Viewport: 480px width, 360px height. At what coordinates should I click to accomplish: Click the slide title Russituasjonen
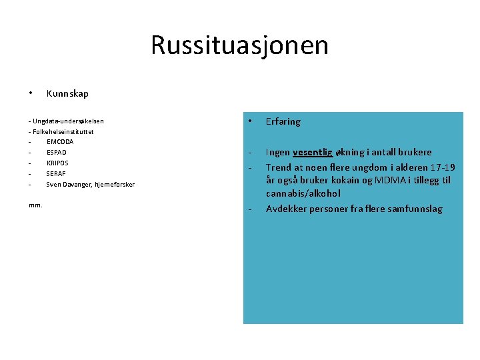(239, 45)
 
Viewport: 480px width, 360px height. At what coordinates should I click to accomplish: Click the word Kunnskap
(67, 94)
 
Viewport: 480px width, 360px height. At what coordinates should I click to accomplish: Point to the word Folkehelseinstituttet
(63, 131)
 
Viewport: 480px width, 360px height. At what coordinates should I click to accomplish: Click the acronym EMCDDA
(60, 142)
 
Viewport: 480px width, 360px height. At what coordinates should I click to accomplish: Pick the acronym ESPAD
(56, 153)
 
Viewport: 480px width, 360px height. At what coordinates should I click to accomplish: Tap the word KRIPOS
(57, 163)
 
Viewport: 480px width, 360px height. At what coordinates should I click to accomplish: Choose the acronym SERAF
(56, 173)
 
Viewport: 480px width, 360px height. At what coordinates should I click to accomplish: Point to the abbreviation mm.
(35, 205)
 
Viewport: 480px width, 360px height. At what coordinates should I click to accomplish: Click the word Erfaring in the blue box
(283, 121)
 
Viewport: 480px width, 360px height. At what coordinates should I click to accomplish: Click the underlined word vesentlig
(312, 152)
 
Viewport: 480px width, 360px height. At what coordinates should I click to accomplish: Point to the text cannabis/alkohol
(303, 194)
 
